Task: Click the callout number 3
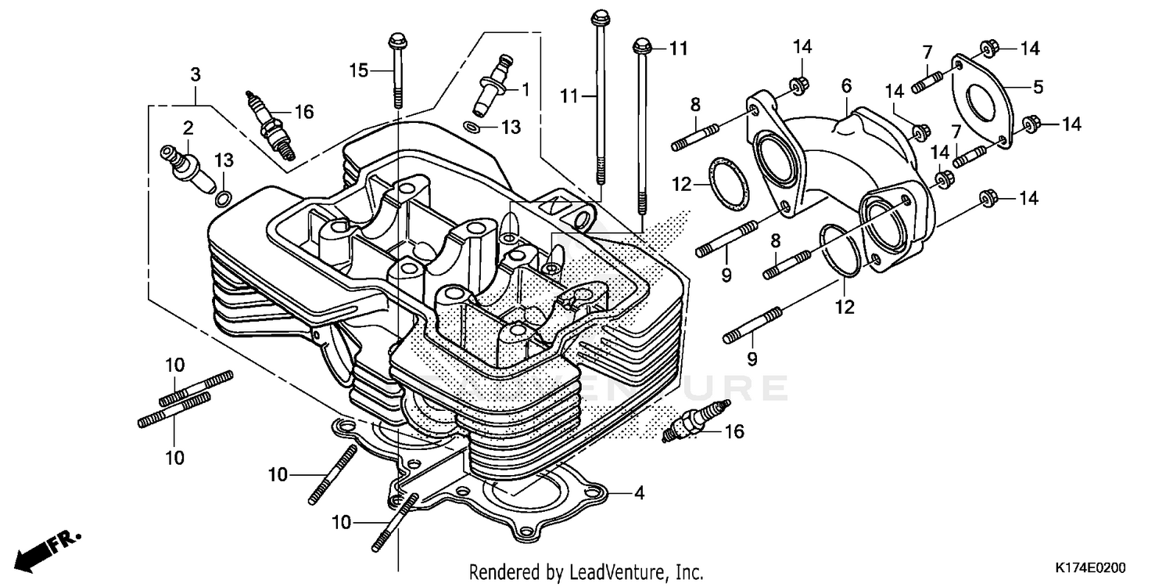point(195,75)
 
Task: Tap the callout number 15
point(359,70)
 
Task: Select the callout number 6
point(845,85)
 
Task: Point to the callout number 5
point(1038,87)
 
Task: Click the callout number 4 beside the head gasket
point(639,494)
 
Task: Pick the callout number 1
point(526,90)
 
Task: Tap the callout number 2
point(188,127)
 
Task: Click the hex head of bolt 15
point(395,38)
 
